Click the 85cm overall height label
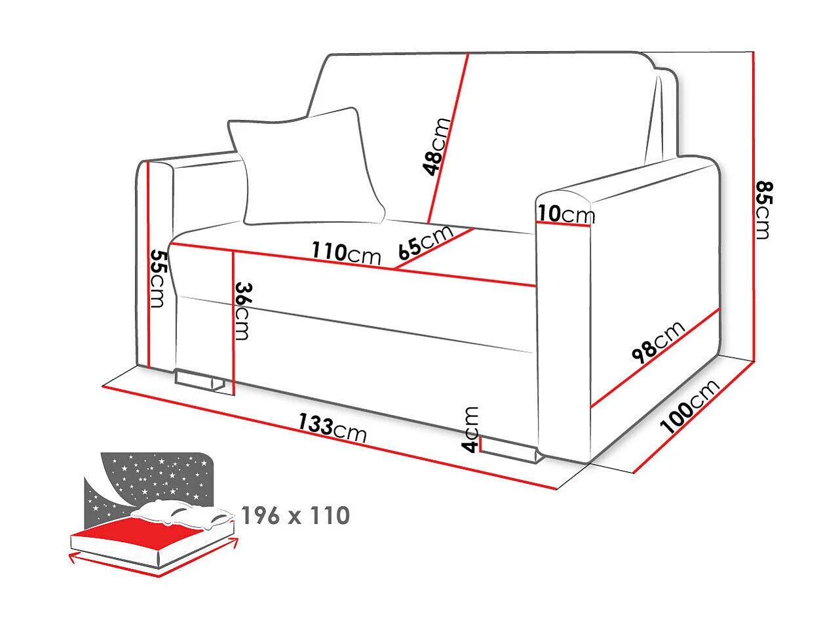pyautogui.click(x=761, y=210)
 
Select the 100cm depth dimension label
pyautogui.click(x=689, y=407)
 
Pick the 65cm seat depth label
pyautogui.click(x=425, y=242)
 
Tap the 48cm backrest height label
pyautogui.click(x=437, y=147)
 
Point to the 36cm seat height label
pyautogui.click(x=242, y=310)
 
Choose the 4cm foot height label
pyautogui.click(x=471, y=429)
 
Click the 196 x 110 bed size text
pyautogui.click(x=296, y=516)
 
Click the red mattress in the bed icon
pyautogui.click(x=151, y=529)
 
